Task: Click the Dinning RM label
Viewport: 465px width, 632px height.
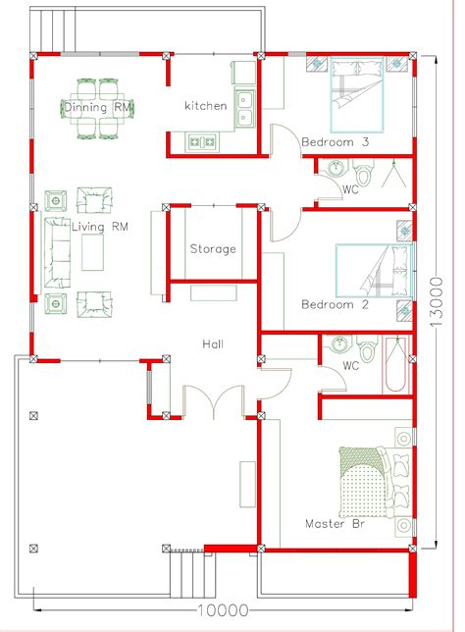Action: point(97,107)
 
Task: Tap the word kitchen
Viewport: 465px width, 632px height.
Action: point(205,106)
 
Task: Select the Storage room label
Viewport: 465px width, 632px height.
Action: point(213,248)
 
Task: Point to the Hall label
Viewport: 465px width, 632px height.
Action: point(213,343)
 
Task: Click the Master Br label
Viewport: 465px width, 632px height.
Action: point(335,524)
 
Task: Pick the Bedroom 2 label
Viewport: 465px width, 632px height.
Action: point(335,304)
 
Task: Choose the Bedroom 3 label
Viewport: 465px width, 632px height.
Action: point(335,142)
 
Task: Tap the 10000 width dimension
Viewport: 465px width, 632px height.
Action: point(223,610)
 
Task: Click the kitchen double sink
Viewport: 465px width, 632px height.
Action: point(245,108)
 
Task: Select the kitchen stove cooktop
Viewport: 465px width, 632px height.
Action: point(203,142)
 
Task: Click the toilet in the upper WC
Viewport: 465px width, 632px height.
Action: point(363,173)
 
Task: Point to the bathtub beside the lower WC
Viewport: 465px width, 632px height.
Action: point(395,364)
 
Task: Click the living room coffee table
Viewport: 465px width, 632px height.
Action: point(92,252)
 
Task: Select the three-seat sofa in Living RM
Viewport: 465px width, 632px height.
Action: point(57,253)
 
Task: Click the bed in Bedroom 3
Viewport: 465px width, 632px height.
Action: point(357,95)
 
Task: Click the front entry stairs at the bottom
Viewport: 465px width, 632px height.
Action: point(192,575)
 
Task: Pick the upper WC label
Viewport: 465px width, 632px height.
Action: point(350,189)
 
